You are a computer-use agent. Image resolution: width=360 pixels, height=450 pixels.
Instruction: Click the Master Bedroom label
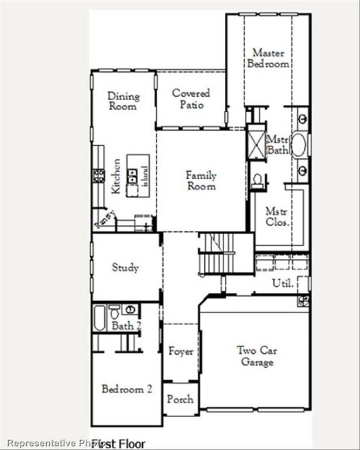click(x=268, y=58)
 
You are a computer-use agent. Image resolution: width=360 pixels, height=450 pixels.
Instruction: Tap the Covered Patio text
click(x=191, y=98)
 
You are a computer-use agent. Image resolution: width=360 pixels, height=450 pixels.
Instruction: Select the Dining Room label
click(x=123, y=101)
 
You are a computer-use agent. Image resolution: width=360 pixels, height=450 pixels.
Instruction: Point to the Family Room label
click(x=201, y=180)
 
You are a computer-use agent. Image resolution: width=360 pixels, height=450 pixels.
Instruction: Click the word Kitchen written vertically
click(x=116, y=176)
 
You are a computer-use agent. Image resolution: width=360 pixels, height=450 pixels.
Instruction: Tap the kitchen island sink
click(x=133, y=173)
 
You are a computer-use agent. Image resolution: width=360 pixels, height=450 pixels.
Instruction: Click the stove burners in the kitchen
click(x=99, y=175)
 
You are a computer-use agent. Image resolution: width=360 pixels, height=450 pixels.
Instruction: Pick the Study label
click(x=125, y=267)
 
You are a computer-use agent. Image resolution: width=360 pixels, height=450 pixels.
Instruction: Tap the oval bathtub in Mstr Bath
click(x=298, y=145)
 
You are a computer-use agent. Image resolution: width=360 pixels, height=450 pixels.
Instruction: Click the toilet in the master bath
click(x=257, y=181)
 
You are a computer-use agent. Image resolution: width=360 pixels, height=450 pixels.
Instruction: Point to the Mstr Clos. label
click(x=276, y=216)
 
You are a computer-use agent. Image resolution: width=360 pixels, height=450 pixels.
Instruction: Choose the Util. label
click(x=281, y=283)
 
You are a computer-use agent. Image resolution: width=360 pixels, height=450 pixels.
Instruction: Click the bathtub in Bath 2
click(x=100, y=318)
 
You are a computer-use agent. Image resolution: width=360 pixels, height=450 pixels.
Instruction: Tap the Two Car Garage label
click(x=257, y=356)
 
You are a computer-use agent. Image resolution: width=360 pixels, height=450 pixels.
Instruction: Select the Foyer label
click(x=180, y=352)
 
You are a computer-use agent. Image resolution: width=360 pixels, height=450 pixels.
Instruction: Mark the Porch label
click(x=180, y=399)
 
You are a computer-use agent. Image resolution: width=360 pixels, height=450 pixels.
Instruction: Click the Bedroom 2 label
click(x=126, y=388)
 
